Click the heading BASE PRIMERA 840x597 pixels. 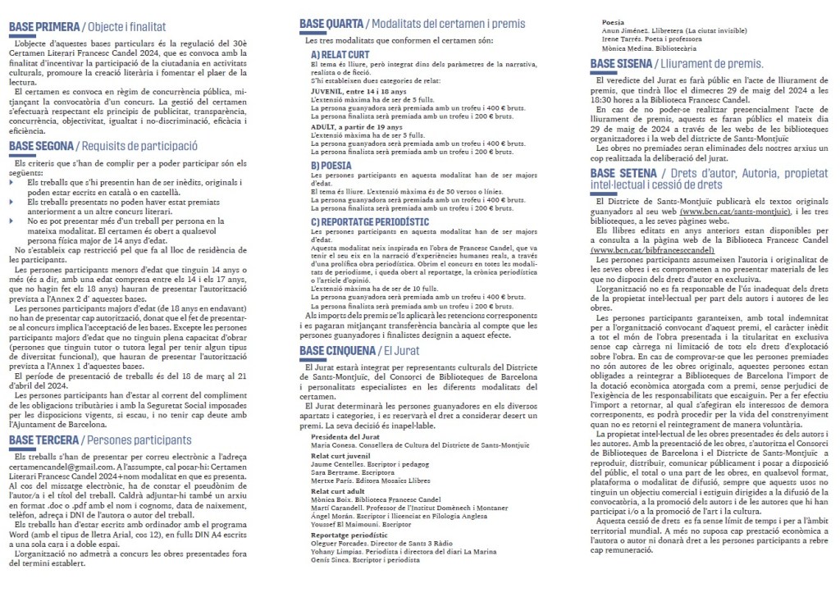tap(43, 27)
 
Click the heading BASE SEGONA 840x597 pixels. tap(42, 147)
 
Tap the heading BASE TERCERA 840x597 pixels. tap(43, 440)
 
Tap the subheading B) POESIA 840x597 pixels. tap(330, 165)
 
